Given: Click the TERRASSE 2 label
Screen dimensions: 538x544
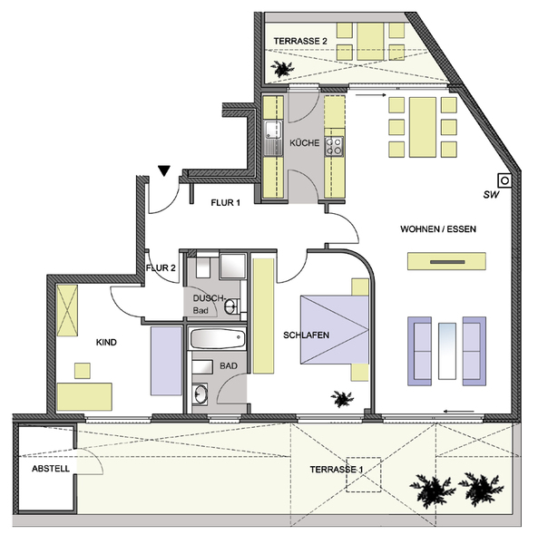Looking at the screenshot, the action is click(300, 41).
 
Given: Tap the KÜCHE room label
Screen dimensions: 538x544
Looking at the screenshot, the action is click(305, 143).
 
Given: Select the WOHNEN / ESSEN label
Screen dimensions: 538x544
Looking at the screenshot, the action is click(438, 229).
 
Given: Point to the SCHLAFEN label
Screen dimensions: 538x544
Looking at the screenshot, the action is click(306, 335).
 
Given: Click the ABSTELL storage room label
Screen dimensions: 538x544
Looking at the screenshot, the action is click(51, 469).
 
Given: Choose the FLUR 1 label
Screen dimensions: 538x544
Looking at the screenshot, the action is click(225, 202).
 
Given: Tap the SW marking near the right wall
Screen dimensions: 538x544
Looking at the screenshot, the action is click(491, 195).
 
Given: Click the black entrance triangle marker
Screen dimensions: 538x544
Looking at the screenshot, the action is click(164, 170).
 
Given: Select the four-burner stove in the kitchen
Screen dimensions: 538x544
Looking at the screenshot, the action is click(334, 146).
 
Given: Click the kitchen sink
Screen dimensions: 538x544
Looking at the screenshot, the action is click(273, 138).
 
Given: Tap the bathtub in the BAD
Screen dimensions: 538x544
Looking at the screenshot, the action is click(218, 338).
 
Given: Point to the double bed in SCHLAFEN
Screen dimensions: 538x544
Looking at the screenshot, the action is click(335, 330).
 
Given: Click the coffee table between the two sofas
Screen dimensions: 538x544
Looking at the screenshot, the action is click(447, 351).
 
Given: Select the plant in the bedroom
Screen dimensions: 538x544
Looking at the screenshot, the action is click(342, 398).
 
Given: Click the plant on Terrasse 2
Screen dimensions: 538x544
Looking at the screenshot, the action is click(282, 69).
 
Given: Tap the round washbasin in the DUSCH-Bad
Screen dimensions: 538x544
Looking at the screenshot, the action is click(230, 306).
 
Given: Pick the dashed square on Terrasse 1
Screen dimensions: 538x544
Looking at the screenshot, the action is click(364, 474).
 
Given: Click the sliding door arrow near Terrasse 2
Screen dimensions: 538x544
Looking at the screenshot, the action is click(371, 94).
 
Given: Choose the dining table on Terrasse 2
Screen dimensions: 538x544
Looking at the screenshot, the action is click(370, 42).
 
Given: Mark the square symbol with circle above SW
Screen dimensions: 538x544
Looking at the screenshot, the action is click(504, 180).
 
